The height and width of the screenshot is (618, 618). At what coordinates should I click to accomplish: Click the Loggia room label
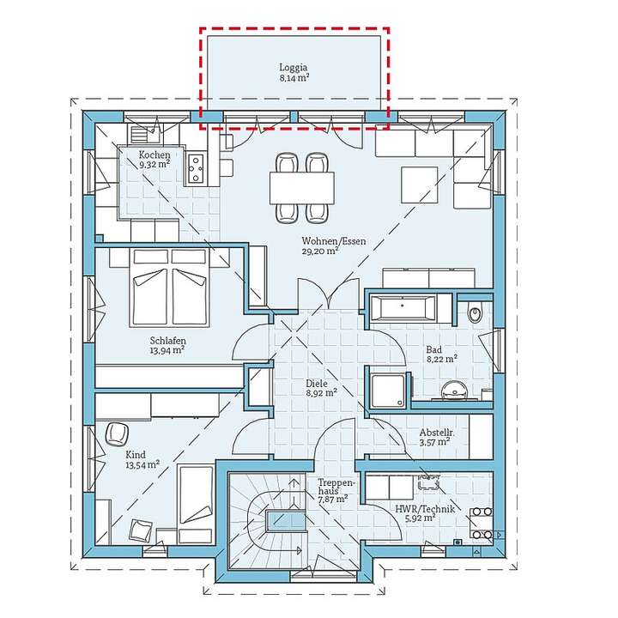tap(294, 68)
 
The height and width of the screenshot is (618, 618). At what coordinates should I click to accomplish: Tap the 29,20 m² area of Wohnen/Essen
tap(320, 251)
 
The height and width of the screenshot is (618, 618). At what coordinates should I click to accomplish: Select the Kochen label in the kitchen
tap(154, 154)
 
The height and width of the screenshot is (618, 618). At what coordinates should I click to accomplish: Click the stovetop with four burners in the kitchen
tap(196, 169)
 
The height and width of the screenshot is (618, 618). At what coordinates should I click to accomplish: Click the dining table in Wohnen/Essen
tap(302, 188)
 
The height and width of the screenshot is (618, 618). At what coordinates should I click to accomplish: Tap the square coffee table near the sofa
tap(420, 185)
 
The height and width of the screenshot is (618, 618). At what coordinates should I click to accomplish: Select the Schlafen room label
tap(168, 341)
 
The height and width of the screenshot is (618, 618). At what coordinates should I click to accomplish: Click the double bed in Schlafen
tap(169, 287)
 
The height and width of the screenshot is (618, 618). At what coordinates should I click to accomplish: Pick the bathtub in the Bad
tap(403, 306)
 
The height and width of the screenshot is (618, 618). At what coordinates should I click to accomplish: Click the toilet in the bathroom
tap(475, 313)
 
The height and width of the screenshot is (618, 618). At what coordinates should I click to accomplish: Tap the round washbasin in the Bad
tap(454, 391)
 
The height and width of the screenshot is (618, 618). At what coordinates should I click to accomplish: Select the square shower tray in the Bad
tap(388, 391)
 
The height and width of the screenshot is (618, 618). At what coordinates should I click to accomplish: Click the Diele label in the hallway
tap(317, 383)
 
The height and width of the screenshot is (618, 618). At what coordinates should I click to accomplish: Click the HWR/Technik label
tap(425, 509)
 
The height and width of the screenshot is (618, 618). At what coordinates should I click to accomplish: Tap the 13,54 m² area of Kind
tap(142, 464)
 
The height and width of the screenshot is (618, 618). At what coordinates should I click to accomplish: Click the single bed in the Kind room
tap(196, 505)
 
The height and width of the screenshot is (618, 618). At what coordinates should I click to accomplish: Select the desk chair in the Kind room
tap(117, 434)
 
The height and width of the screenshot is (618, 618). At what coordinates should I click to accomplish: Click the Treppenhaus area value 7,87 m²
tap(333, 500)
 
